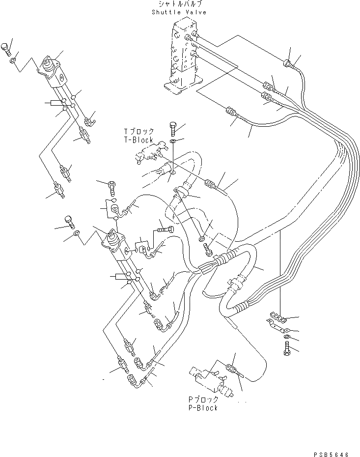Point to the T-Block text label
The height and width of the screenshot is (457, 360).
(138, 140)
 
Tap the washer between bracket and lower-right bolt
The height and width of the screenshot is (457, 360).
(286, 337)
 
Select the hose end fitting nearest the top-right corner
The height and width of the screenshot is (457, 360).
(288, 62)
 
